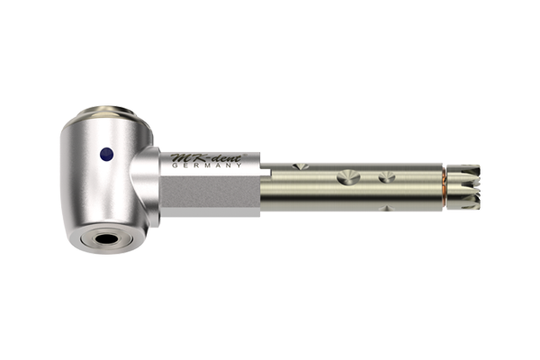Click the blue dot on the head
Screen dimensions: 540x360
coord(107,154)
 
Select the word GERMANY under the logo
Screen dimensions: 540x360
coord(207,166)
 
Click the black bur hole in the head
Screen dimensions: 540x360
coord(106,238)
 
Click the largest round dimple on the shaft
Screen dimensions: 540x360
coord(348,176)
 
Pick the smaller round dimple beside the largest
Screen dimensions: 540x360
coord(387,177)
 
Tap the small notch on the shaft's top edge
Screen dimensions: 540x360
coord(301,166)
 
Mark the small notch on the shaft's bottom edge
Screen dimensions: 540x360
coord(386,208)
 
